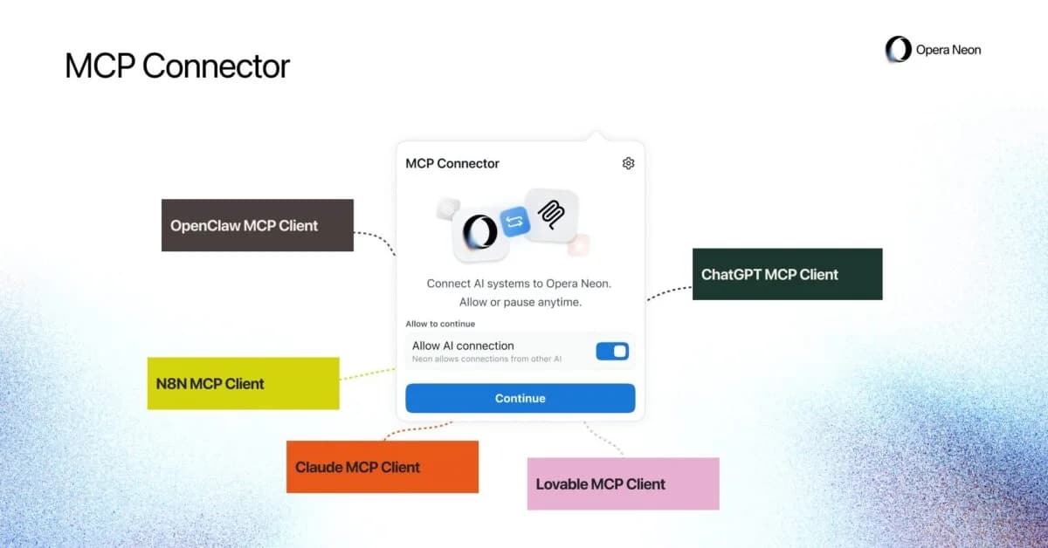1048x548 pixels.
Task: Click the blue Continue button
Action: (520, 398)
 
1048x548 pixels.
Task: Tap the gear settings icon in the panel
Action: (628, 163)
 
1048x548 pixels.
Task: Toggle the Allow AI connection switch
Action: (612, 351)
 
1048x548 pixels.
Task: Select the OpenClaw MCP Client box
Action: (257, 225)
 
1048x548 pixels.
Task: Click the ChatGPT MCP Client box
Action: (787, 274)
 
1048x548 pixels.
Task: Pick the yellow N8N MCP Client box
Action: (243, 383)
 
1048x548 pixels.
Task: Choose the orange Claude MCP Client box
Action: (382, 467)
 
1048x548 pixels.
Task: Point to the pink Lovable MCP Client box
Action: (623, 483)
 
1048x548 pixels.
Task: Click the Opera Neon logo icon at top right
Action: (897, 50)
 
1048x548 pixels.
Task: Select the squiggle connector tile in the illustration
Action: (551, 215)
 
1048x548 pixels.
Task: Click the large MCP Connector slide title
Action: (177, 66)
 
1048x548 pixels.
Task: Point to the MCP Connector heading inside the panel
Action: (452, 163)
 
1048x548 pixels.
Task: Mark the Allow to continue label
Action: (440, 324)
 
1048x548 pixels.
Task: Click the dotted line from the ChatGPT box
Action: (668, 291)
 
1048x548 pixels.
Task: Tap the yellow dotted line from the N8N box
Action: (367, 374)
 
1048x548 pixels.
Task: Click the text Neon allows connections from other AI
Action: (486, 359)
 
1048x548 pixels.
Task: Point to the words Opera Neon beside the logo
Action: (948, 50)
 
